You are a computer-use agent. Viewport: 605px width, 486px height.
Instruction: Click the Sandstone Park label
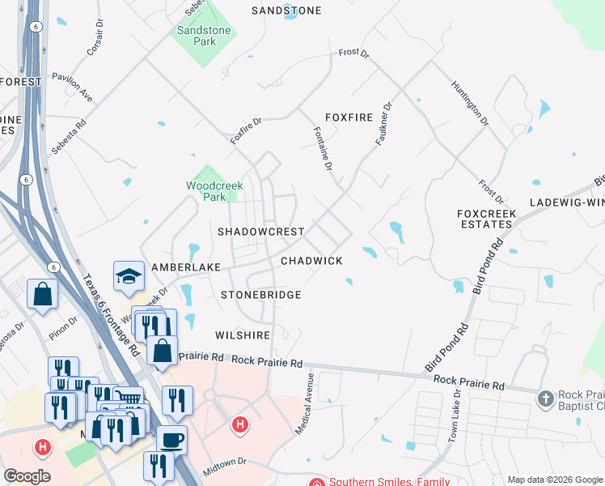point(204,36)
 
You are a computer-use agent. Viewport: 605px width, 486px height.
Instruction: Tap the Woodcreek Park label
point(214,191)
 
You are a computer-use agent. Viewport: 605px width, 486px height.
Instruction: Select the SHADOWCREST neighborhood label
point(260,232)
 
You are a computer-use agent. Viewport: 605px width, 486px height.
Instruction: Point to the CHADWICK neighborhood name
point(311,261)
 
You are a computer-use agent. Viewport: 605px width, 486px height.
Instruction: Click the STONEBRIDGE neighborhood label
point(260,296)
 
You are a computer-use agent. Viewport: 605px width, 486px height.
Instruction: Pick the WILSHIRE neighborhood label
point(242,335)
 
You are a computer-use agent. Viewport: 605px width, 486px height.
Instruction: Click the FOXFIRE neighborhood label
point(349,117)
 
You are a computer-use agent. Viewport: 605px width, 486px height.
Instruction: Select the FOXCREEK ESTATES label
point(485,219)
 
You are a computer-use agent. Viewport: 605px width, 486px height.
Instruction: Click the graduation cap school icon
point(129,277)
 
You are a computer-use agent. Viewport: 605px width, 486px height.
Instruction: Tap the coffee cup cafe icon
point(171,440)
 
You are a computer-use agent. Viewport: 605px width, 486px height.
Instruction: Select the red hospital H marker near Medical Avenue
point(239,424)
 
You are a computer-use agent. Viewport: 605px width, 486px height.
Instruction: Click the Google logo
point(27,477)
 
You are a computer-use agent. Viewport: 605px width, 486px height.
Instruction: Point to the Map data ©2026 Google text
point(554,480)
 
